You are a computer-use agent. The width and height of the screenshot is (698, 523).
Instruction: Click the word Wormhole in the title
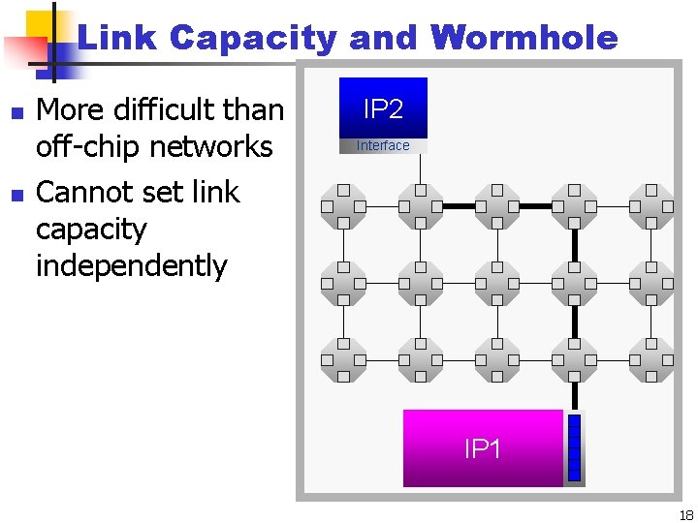[x=525, y=39]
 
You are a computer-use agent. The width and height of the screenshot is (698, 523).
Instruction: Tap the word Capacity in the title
[x=251, y=39]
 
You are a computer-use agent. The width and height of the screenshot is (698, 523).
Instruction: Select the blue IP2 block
[x=383, y=108]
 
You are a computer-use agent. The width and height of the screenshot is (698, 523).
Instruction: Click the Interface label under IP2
[x=383, y=146]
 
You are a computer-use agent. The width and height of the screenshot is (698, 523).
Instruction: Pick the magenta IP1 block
[x=483, y=448]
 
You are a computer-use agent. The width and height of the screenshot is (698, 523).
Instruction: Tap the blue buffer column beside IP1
[x=574, y=448]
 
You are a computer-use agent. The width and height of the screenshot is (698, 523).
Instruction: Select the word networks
[x=217, y=147]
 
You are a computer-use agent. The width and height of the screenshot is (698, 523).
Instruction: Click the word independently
[x=131, y=265]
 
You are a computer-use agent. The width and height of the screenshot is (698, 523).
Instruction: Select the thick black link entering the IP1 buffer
[x=574, y=394]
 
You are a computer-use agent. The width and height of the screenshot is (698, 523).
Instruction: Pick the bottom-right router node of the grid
[x=651, y=360]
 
